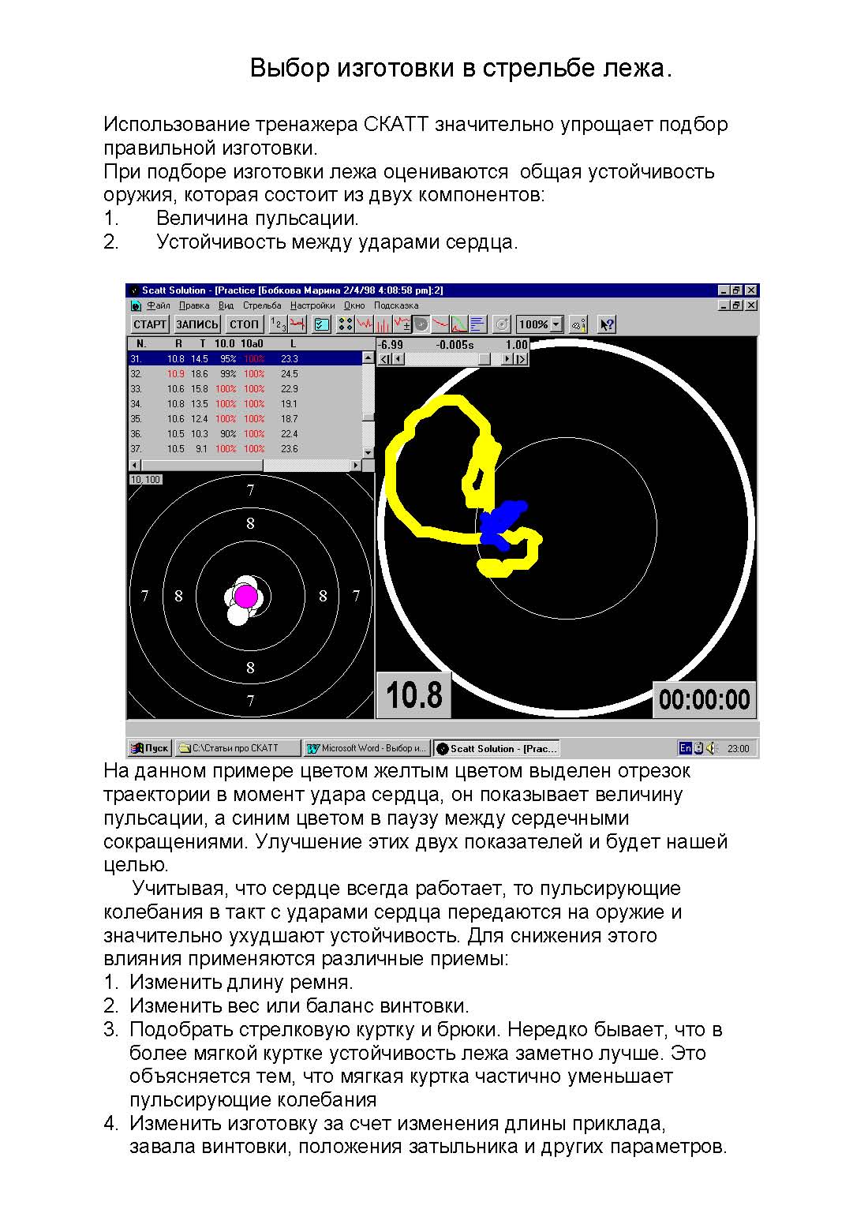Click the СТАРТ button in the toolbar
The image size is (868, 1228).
[x=149, y=324]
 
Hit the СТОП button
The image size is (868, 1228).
[x=244, y=324]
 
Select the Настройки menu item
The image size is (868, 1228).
[x=312, y=305]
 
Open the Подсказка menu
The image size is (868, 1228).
[x=396, y=305]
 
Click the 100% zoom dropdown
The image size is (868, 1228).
[x=540, y=324]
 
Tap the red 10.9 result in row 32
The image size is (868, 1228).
[x=175, y=374]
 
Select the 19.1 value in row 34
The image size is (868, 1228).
[x=290, y=404]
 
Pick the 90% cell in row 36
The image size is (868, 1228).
[x=227, y=434]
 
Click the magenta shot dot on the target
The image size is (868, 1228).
[x=246, y=596]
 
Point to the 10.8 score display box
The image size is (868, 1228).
[x=414, y=695]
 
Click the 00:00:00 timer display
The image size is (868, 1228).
[x=704, y=699]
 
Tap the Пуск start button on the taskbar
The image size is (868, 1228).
[x=150, y=748]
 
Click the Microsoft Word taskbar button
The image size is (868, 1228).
[x=367, y=748]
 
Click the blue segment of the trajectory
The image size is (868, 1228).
[x=501, y=523]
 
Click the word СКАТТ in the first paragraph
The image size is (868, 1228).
[x=396, y=125]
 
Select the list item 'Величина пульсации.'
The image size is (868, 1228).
[x=257, y=219]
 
